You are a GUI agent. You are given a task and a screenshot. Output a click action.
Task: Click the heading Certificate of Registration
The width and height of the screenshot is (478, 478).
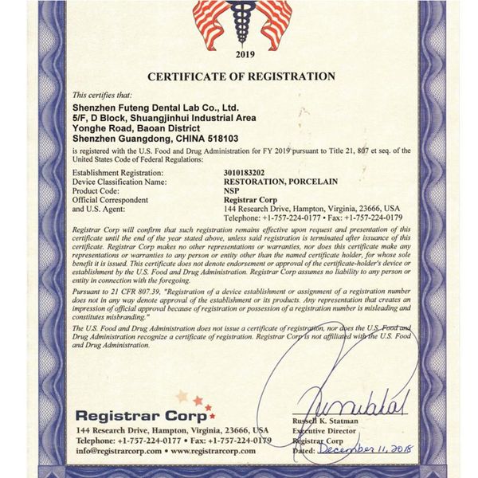point(238,76)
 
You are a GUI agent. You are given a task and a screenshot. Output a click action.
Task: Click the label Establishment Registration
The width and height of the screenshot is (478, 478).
point(118,171)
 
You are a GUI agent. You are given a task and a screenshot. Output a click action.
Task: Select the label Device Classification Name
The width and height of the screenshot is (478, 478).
point(119,182)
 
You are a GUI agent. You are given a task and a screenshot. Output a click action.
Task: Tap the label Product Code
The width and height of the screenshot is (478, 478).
point(96,191)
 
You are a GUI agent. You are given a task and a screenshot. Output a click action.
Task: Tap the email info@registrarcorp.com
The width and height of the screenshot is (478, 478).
point(112,450)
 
